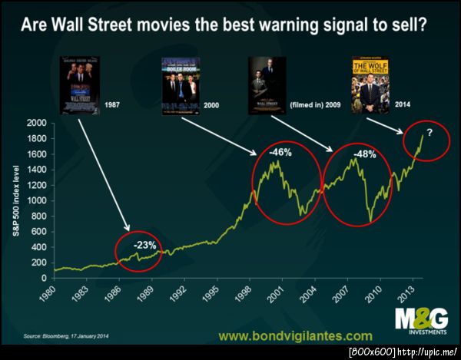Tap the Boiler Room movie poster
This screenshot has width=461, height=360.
click(x=181, y=85)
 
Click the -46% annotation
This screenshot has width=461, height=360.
click(x=280, y=152)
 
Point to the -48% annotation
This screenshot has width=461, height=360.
click(x=364, y=154)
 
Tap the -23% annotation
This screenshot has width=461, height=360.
click(x=145, y=245)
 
